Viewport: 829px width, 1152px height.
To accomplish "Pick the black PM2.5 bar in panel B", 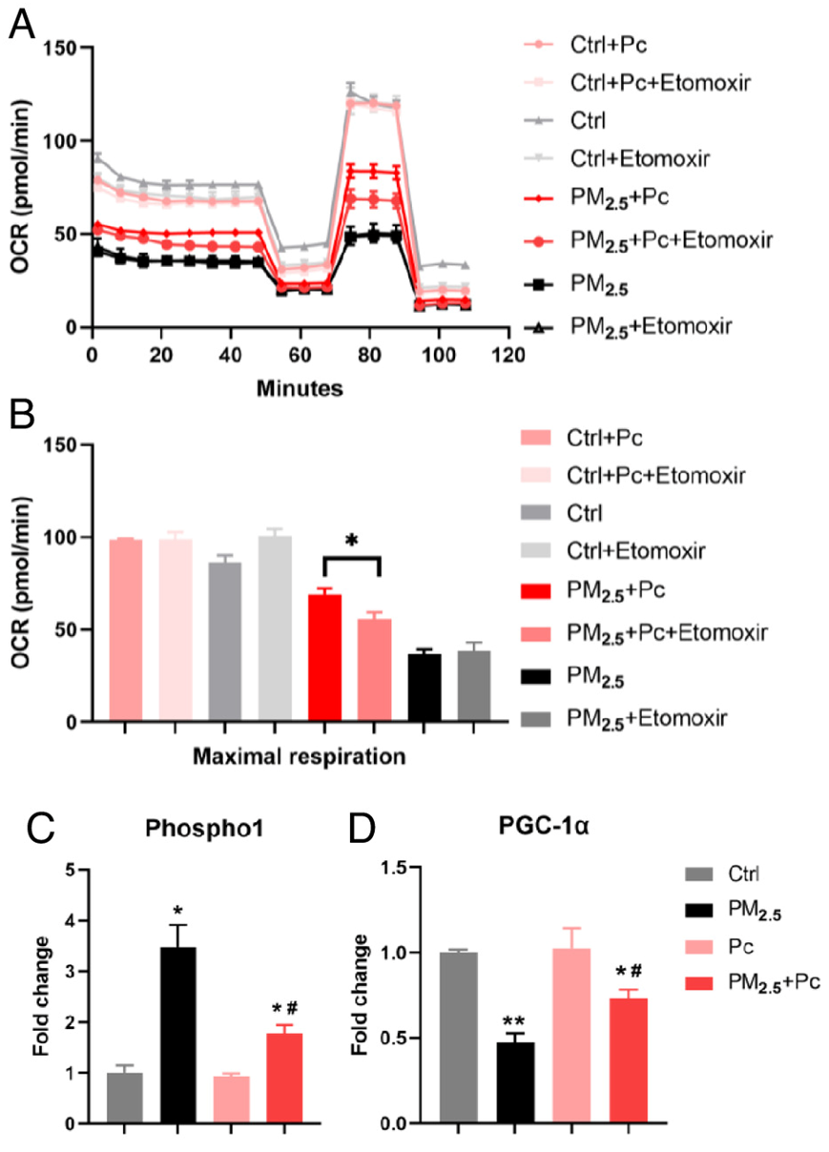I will point(425,688).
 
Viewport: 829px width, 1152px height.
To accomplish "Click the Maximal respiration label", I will point(301,758).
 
